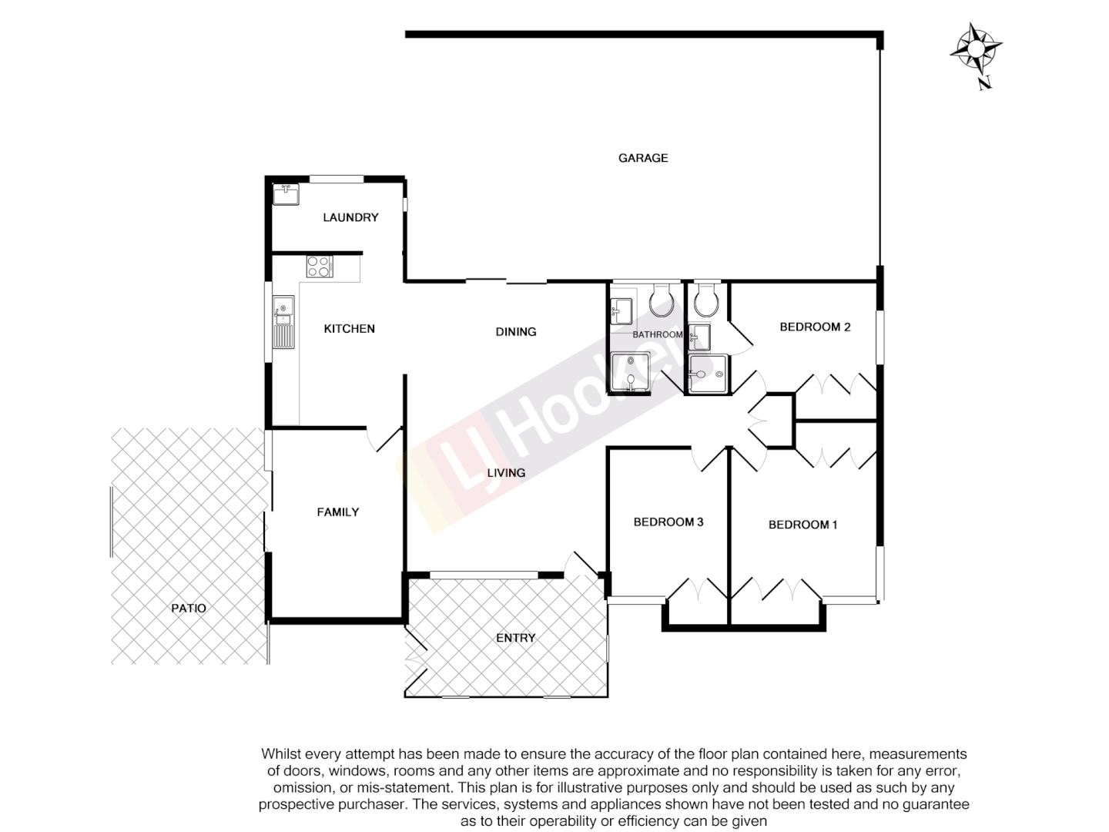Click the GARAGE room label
click(x=643, y=158)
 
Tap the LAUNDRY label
click(x=350, y=217)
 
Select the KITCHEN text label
click(x=349, y=329)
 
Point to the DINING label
click(x=515, y=332)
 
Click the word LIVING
click(x=506, y=473)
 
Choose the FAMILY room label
click(x=338, y=512)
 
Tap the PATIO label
click(x=189, y=609)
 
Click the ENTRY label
click(x=515, y=638)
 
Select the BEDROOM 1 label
click(x=802, y=525)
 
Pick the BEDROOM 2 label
click(x=815, y=327)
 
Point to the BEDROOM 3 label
click(x=668, y=522)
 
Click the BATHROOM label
click(x=658, y=334)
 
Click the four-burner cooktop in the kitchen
click(x=320, y=266)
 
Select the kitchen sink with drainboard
click(x=283, y=321)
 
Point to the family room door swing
click(x=385, y=438)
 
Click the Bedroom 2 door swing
click(x=740, y=338)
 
